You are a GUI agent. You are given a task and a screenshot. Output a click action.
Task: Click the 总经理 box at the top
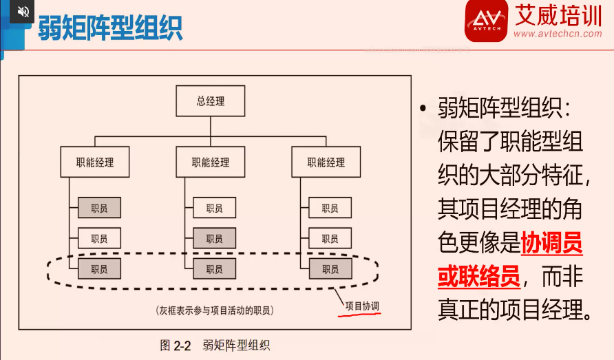click(x=210, y=101)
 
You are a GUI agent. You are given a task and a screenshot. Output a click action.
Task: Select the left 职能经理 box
click(x=95, y=162)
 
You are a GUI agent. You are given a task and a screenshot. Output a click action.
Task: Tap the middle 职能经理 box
click(x=210, y=162)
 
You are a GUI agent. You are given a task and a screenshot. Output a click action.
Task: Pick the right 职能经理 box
click(x=326, y=162)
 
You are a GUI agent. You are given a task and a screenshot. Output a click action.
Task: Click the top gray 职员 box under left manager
click(x=99, y=208)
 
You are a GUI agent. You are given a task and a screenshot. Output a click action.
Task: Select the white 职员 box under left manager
click(x=99, y=238)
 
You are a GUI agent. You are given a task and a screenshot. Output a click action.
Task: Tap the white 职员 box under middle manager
click(x=214, y=208)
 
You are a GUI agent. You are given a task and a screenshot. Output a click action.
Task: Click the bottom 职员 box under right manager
click(x=330, y=268)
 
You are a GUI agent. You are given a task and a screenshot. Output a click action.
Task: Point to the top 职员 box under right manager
click(x=330, y=208)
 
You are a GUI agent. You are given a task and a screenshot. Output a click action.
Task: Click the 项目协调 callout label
click(x=362, y=306)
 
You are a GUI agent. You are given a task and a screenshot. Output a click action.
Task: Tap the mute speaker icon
click(x=22, y=12)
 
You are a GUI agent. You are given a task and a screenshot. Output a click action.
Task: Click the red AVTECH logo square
click(x=486, y=21)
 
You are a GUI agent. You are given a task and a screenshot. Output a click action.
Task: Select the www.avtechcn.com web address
click(x=558, y=34)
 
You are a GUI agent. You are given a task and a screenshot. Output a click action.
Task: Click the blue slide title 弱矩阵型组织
click(x=110, y=28)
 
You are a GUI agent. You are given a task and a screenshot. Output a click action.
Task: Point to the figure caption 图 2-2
click(x=175, y=346)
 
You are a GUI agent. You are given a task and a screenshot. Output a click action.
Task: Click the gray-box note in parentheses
click(x=215, y=310)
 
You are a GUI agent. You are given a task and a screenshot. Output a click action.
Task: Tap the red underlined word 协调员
click(x=551, y=243)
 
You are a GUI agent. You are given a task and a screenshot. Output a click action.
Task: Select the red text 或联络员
click(x=478, y=277)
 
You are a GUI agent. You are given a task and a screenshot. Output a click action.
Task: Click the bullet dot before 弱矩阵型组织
click(x=423, y=108)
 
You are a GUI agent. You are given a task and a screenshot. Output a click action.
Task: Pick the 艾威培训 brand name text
click(x=558, y=15)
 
